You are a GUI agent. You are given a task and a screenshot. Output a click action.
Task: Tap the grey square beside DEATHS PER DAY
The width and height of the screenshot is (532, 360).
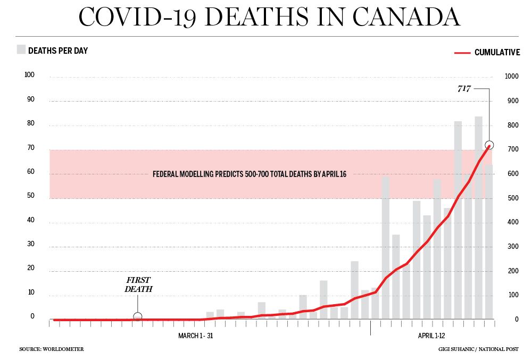(21, 50)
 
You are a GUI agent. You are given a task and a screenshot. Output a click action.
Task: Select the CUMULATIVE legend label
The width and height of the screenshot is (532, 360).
(497, 53)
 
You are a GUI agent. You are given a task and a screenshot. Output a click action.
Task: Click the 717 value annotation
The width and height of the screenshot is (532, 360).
(464, 89)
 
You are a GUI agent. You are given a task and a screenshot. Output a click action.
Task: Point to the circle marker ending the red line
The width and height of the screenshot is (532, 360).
(489, 145)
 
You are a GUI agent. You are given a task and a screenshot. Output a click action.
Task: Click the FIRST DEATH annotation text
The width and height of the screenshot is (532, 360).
(138, 284)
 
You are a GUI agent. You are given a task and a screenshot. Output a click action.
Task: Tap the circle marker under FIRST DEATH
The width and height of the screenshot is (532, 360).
(137, 317)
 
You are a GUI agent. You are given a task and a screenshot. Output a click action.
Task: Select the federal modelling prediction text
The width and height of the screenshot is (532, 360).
(250, 174)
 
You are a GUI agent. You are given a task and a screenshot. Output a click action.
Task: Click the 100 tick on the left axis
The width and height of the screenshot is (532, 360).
(29, 75)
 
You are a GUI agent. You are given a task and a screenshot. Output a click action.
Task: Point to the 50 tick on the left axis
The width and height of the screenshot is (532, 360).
(31, 196)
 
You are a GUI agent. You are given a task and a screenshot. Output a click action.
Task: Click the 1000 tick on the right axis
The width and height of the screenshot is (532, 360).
(511, 77)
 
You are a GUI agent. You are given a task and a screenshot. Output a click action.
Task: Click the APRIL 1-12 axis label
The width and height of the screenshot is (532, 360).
(431, 336)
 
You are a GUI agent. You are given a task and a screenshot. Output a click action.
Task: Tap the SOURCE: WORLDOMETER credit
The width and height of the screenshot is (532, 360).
(52, 349)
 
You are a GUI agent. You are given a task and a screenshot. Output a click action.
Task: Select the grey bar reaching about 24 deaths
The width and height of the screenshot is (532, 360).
(354, 290)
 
